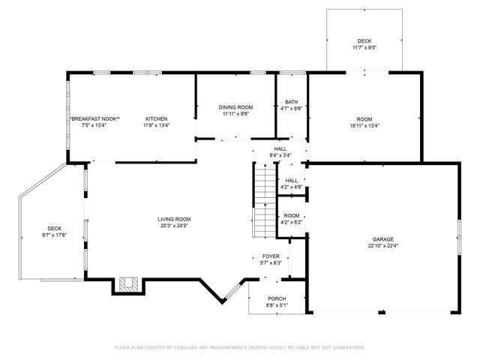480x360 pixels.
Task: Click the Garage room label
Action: click(382, 239)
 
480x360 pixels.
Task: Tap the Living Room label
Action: click(174, 219)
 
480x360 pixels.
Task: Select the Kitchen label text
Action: click(156, 118)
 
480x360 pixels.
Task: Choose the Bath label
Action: click(291, 102)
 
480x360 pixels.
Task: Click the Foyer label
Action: click(270, 256)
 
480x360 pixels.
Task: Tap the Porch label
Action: click(276, 298)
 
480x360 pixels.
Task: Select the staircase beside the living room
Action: click(264, 200)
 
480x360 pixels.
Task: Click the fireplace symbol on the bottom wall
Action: click(126, 286)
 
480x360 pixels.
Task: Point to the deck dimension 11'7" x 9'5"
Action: click(364, 48)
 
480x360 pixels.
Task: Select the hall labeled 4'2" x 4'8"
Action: click(291, 184)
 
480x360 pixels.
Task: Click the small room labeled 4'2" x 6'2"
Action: click(291, 219)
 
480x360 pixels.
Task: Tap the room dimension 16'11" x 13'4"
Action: click(364, 126)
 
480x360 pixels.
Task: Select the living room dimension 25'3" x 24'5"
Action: click(174, 226)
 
